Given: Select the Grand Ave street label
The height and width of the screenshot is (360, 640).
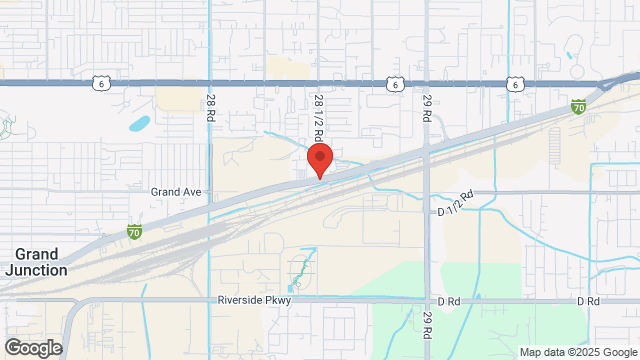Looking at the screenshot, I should (176, 191).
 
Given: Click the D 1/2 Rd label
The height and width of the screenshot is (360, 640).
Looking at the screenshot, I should (454, 204).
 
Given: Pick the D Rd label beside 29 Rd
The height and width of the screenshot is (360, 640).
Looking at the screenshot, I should (447, 300).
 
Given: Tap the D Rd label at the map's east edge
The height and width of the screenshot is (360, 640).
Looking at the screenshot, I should (588, 300).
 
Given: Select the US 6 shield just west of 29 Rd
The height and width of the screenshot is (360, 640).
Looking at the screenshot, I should (396, 85).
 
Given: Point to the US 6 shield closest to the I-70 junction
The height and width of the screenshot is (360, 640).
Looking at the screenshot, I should (514, 85).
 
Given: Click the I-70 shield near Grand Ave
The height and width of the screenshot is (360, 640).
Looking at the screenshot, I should (134, 232).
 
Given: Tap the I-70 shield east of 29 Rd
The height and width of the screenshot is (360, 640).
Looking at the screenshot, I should (578, 105).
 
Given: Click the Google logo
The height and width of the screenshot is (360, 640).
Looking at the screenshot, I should (32, 347).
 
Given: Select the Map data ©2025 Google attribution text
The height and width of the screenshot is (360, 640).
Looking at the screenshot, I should (578, 352).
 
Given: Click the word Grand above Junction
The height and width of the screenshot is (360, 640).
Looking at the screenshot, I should (36, 254).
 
